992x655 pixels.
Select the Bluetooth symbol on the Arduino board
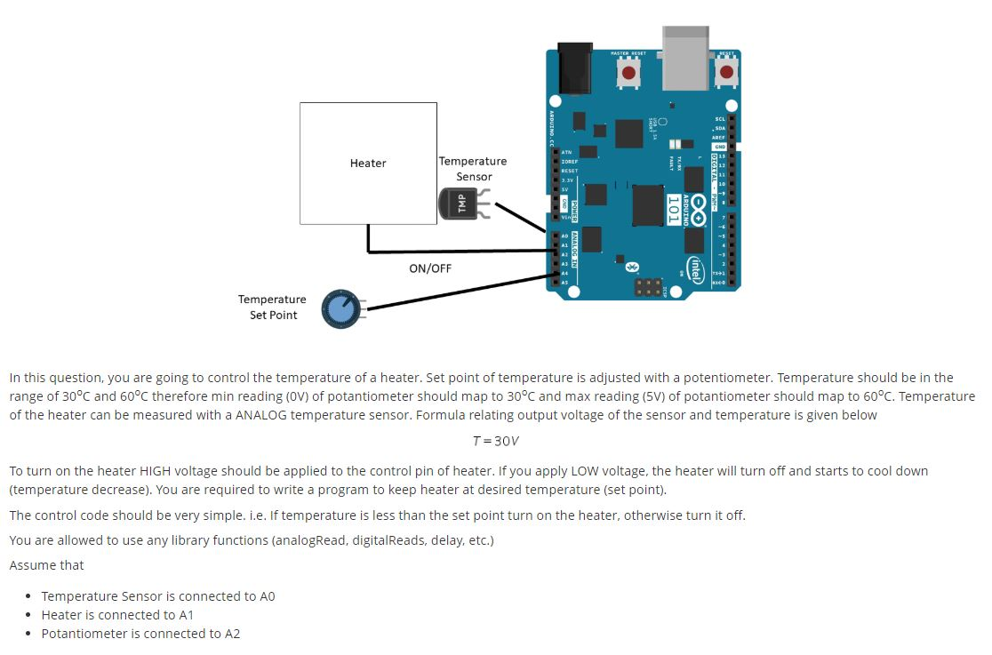[633, 266]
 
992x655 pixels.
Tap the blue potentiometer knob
[340, 308]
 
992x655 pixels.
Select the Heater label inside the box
[368, 164]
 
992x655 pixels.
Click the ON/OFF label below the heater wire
[430, 268]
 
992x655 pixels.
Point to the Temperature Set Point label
[272, 308]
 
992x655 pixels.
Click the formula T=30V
[495, 442]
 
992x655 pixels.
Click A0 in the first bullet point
[266, 596]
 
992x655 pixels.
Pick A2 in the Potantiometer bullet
[231, 634]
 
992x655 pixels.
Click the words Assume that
[46, 565]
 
